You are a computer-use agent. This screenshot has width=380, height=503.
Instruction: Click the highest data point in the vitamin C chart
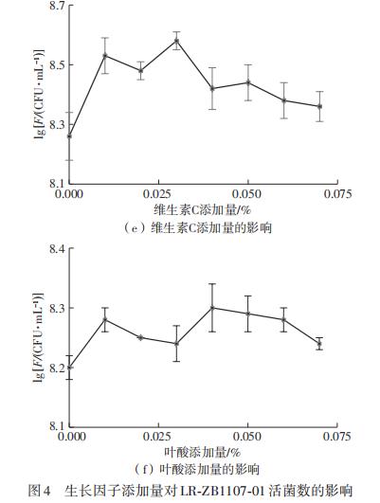point(176,40)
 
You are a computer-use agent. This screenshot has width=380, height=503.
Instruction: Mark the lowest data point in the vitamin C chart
point(69,136)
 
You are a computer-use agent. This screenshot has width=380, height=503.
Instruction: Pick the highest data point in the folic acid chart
point(211,308)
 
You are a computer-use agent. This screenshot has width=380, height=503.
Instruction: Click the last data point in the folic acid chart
point(318,344)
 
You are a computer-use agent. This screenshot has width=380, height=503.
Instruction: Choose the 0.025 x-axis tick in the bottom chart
point(158,437)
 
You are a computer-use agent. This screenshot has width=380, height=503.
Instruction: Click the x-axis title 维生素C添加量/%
point(200,208)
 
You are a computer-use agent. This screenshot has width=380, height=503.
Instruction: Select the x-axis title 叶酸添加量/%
point(200,453)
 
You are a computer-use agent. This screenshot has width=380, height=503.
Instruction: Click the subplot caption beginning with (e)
point(200,227)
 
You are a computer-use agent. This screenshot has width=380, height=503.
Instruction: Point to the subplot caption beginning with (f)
point(200,470)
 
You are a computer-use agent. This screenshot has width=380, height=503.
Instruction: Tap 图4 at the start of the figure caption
point(38,490)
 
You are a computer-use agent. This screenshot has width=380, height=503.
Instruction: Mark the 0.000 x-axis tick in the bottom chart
point(69,437)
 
